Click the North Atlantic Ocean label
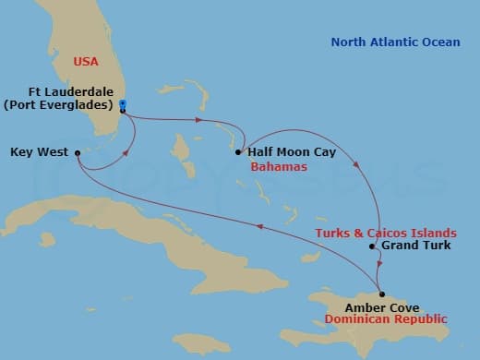tap(390, 42)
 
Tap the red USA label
tap(87, 62)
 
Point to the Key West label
tap(39, 152)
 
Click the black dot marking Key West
tap(77, 153)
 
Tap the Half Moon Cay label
tap(292, 151)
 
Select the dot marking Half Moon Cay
tap(238, 152)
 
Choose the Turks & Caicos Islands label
tap(384, 232)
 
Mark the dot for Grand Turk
tap(372, 246)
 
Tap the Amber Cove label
tap(382, 307)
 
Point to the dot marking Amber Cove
tap(381, 294)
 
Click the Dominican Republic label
tap(385, 319)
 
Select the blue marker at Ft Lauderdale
tap(123, 104)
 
